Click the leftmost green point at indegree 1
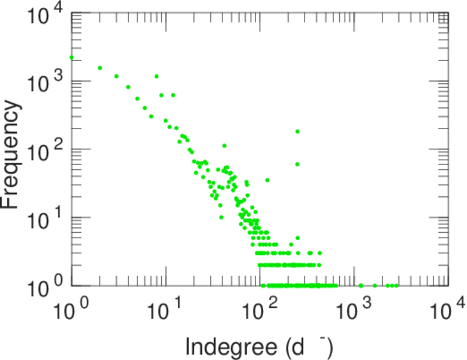click(x=72, y=58)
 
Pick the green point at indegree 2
click(x=100, y=68)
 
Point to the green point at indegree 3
click(x=116, y=76)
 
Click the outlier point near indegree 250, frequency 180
click(x=297, y=131)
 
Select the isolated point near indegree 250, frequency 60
click(x=297, y=164)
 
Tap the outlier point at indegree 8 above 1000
click(x=156, y=76)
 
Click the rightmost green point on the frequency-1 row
click(x=396, y=286)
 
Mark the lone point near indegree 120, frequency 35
click(x=267, y=180)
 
